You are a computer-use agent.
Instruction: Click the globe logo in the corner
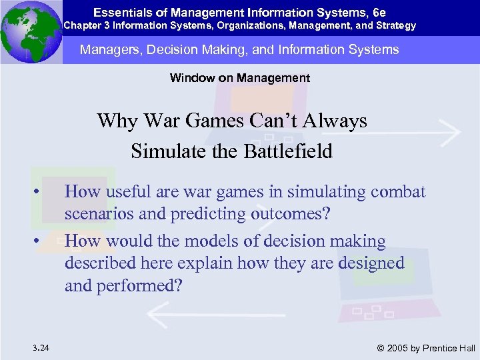[31, 32]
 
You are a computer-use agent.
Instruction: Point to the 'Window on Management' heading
[240, 78]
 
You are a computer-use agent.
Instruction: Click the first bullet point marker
[41, 193]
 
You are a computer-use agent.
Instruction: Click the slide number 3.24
[39, 347]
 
